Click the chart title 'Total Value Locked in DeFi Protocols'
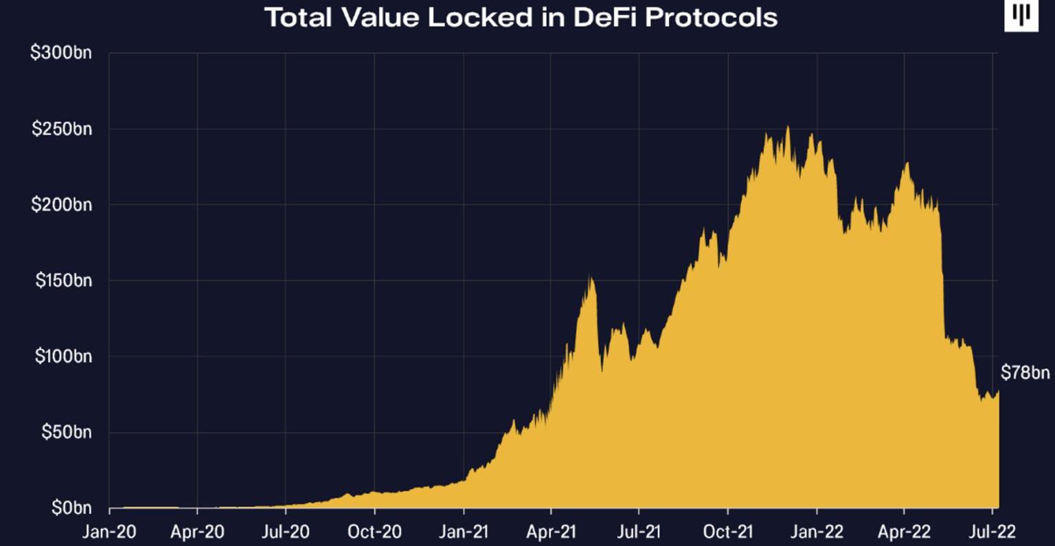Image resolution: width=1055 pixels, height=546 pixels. [x=521, y=17]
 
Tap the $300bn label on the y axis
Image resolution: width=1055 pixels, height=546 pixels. [x=62, y=54]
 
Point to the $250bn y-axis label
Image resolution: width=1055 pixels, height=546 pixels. [x=62, y=129]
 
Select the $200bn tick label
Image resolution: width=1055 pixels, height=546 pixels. [x=62, y=205]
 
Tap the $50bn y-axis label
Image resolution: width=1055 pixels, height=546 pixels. [x=66, y=433]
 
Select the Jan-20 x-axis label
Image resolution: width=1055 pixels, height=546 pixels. [x=109, y=532]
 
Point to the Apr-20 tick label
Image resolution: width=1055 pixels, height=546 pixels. [x=197, y=532]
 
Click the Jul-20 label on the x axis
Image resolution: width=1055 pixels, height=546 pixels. [x=286, y=532]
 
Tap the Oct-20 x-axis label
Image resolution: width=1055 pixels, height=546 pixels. [x=374, y=532]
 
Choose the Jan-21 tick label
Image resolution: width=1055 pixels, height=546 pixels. [x=463, y=532]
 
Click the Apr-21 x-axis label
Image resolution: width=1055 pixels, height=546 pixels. [x=551, y=532]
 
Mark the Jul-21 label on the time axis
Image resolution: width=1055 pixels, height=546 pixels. [x=639, y=532]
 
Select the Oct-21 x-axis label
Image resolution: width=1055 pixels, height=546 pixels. [x=727, y=532]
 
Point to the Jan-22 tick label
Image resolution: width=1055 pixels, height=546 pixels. [x=816, y=532]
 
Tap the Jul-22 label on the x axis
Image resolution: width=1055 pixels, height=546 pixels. [x=992, y=532]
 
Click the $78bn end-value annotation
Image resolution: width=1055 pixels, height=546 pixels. [x=1025, y=373]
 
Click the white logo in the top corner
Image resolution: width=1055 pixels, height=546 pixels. [x=1021, y=16]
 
